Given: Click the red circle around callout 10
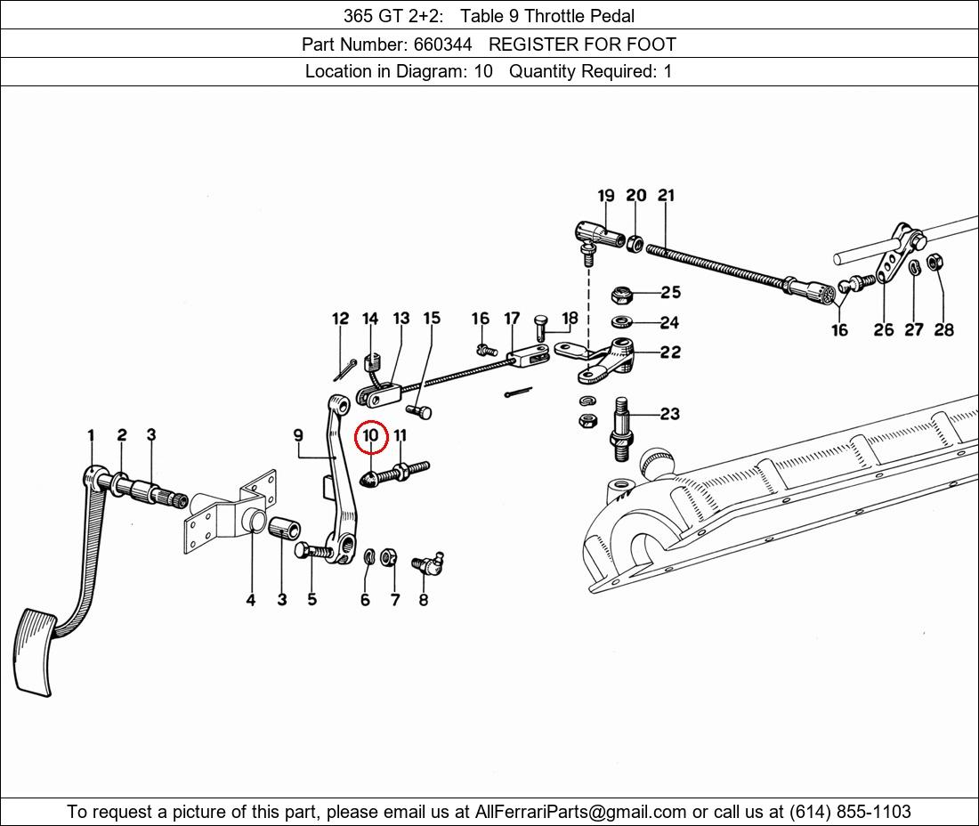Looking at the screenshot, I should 371,437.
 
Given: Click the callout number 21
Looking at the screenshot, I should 667,196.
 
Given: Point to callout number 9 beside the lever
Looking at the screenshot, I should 298,435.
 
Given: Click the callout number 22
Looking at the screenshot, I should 670,352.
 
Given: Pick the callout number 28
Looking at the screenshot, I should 944,330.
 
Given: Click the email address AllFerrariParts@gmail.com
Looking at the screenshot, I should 581,812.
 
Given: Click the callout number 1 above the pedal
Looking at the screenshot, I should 91,435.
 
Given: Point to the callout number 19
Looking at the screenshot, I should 606,196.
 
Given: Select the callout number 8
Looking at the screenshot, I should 423,600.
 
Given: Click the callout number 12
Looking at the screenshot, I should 340,319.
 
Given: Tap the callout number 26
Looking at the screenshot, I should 883,330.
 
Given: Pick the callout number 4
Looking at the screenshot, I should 251,600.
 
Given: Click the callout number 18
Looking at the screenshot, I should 570,317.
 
